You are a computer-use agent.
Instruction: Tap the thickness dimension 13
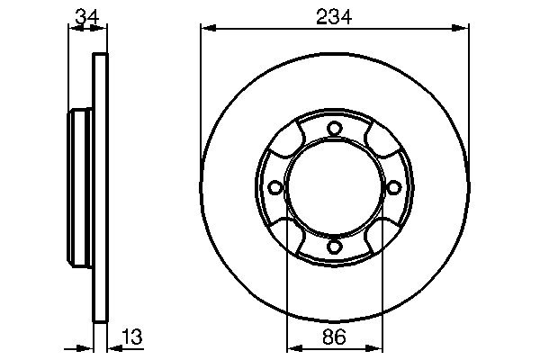131,337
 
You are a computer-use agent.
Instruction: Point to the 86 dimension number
334,338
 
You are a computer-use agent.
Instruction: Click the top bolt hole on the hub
334,128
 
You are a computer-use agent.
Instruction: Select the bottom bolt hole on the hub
334,246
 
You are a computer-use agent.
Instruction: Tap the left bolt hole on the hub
274,187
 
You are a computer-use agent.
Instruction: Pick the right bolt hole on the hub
393,187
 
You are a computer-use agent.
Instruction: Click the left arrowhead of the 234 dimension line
206,29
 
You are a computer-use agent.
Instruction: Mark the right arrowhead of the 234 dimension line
463,29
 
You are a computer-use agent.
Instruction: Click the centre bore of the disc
334,187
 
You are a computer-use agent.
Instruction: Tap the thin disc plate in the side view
101,187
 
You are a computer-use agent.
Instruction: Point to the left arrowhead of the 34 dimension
73,29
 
